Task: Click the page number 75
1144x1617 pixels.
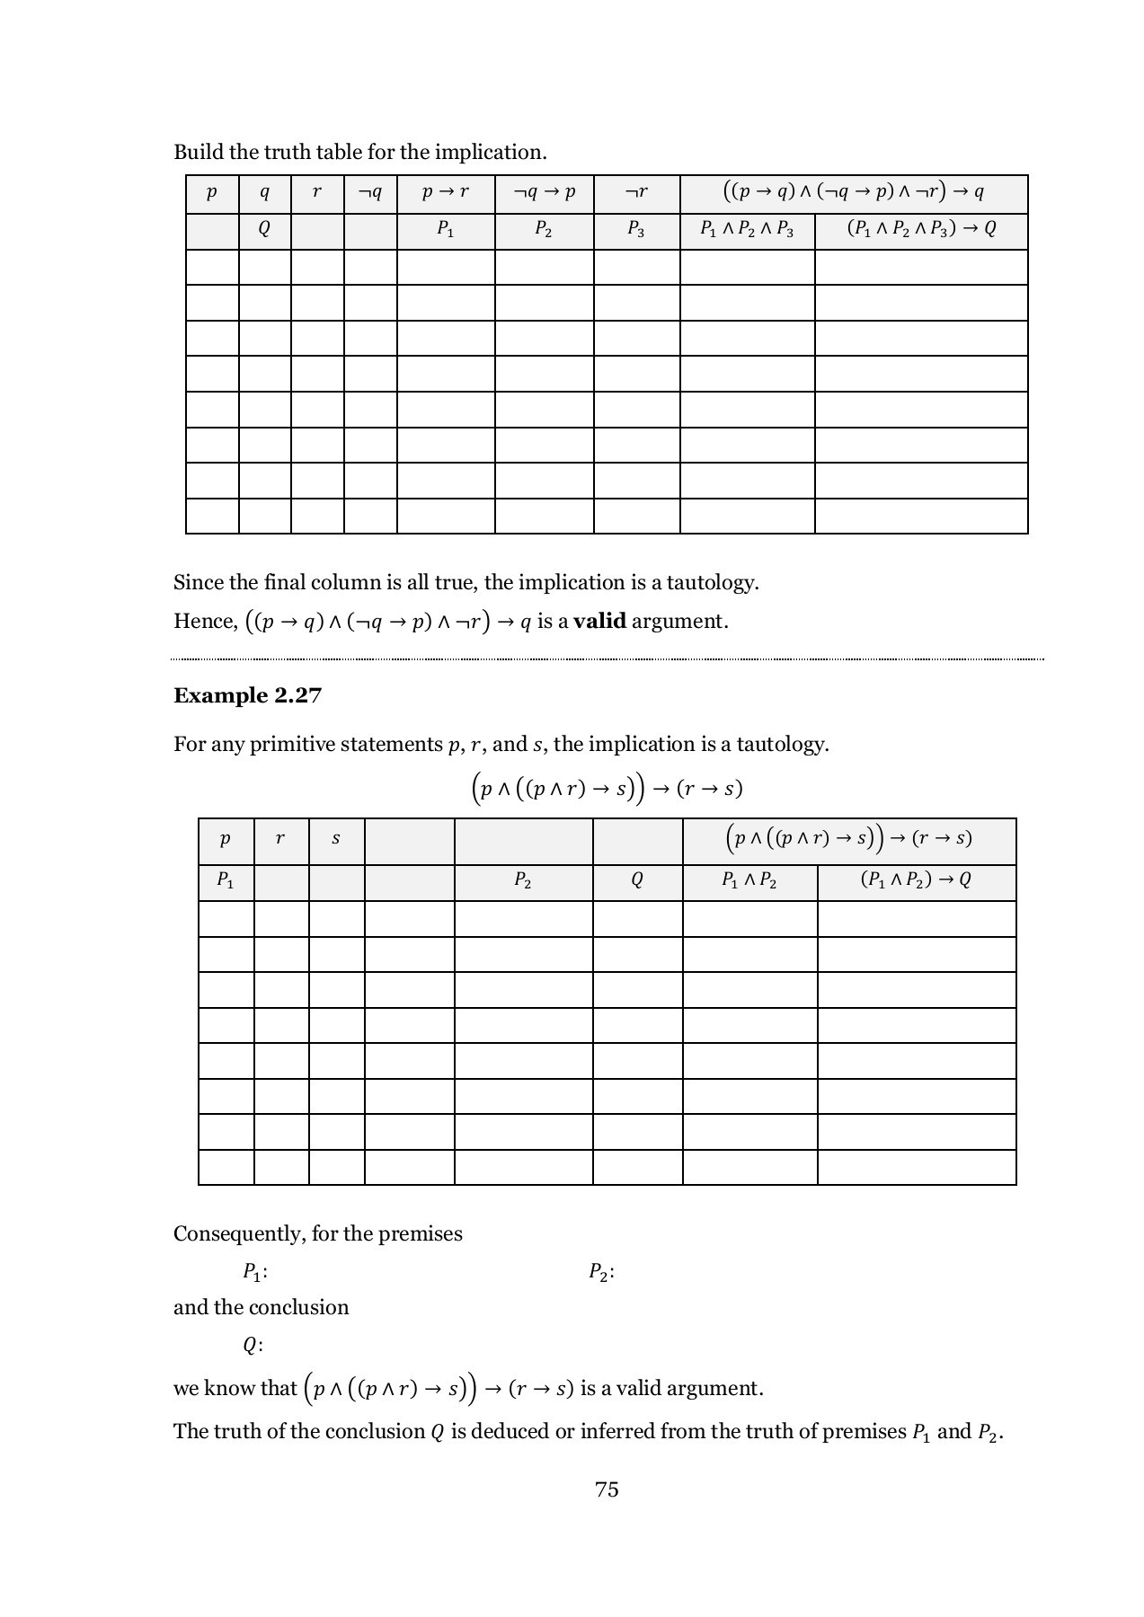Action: click(607, 1489)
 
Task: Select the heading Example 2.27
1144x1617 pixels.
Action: click(247, 696)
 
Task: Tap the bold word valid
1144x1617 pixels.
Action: click(599, 621)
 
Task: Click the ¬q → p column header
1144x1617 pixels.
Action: click(544, 192)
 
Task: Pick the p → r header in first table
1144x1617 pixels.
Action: click(445, 192)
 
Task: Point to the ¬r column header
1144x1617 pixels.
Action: click(636, 192)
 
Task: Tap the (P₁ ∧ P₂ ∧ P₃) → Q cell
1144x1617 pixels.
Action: click(921, 229)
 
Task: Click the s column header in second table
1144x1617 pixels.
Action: click(336, 839)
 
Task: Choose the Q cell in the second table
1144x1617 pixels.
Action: click(637, 880)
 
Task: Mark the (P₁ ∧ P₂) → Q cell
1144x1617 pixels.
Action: click(916, 880)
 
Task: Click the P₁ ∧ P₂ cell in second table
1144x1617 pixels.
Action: click(749, 880)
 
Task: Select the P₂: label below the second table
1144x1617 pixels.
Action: click(601, 1272)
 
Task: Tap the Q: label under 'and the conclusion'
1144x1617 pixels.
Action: click(252, 1346)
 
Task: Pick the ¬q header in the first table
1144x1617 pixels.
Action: click(369, 192)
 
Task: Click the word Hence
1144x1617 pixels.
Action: click(204, 622)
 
